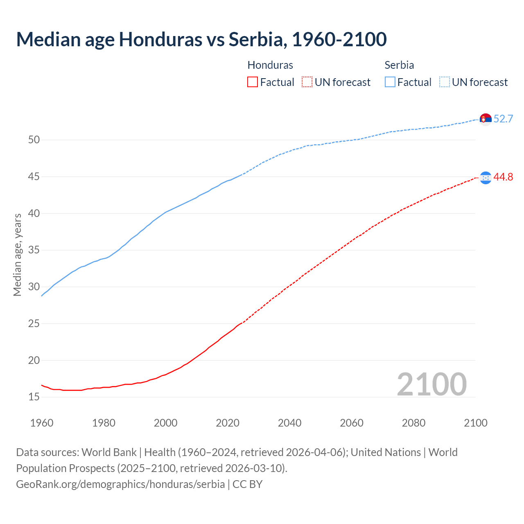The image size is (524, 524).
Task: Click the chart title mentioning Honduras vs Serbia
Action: [201, 40]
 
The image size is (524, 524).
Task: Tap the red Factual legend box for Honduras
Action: [253, 82]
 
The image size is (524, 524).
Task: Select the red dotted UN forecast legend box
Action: [307, 82]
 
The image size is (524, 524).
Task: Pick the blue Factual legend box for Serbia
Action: [390, 82]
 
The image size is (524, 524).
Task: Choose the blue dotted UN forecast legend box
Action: [444, 82]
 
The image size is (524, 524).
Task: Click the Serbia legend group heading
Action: [399, 65]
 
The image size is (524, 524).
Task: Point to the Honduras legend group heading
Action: [270, 65]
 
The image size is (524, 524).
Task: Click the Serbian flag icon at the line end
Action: [486, 119]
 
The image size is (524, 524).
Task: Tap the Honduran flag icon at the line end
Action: [486, 177]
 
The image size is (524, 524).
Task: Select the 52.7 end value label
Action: [503, 119]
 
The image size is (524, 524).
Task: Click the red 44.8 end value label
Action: [503, 177]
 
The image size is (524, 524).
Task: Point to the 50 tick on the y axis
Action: [34, 140]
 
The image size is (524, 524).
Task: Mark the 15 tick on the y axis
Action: [34, 397]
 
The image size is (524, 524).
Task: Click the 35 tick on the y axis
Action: [34, 250]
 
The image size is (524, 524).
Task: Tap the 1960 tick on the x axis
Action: [42, 423]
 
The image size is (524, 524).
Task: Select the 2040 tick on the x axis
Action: [289, 423]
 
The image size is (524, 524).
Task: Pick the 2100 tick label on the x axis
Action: [476, 423]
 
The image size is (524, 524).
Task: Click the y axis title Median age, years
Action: [17, 255]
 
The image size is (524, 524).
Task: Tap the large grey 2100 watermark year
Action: [432, 384]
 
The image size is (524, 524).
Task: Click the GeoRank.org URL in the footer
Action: [120, 484]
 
